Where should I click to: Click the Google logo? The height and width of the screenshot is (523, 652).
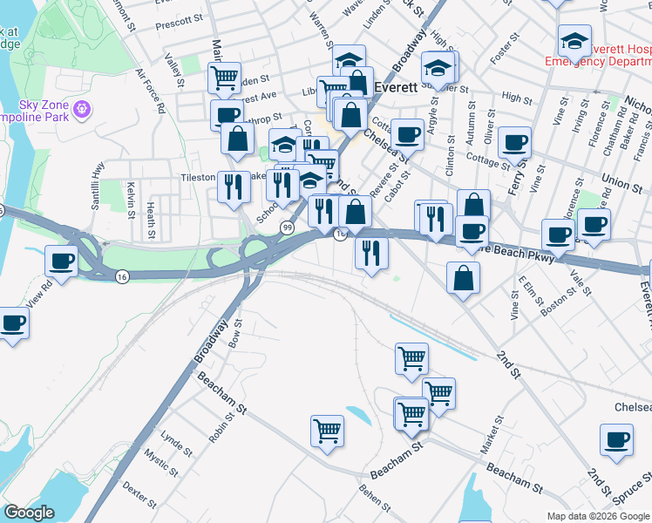pos(31,513)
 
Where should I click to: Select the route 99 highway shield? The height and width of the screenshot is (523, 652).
pos(287,227)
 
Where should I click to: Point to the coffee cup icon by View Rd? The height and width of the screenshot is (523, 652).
pos(62,260)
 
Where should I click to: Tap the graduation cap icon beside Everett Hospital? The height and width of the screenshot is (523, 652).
pos(574,40)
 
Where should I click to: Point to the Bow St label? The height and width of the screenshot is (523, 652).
pos(234,334)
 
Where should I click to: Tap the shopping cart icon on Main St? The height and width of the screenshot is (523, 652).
pos(225,78)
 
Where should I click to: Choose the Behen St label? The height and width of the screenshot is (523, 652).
pos(374,502)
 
